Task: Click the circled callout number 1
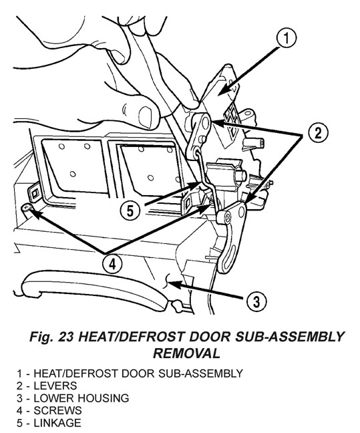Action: click(x=287, y=38)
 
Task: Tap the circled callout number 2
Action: click(x=318, y=133)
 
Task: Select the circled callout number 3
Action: click(x=256, y=301)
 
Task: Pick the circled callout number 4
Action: click(x=112, y=265)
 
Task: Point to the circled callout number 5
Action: click(x=130, y=210)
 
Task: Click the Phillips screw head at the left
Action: click(x=27, y=207)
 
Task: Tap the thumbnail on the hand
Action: click(x=146, y=117)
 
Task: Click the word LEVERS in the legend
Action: click(x=55, y=386)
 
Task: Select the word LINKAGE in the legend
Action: click(x=57, y=423)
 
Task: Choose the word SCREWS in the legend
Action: click(x=57, y=411)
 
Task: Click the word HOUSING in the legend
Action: click(x=103, y=398)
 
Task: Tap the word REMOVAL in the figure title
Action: click(x=186, y=353)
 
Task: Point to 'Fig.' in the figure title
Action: click(x=41, y=337)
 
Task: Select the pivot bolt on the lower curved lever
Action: click(x=224, y=217)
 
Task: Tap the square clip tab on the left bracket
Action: click(x=35, y=194)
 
